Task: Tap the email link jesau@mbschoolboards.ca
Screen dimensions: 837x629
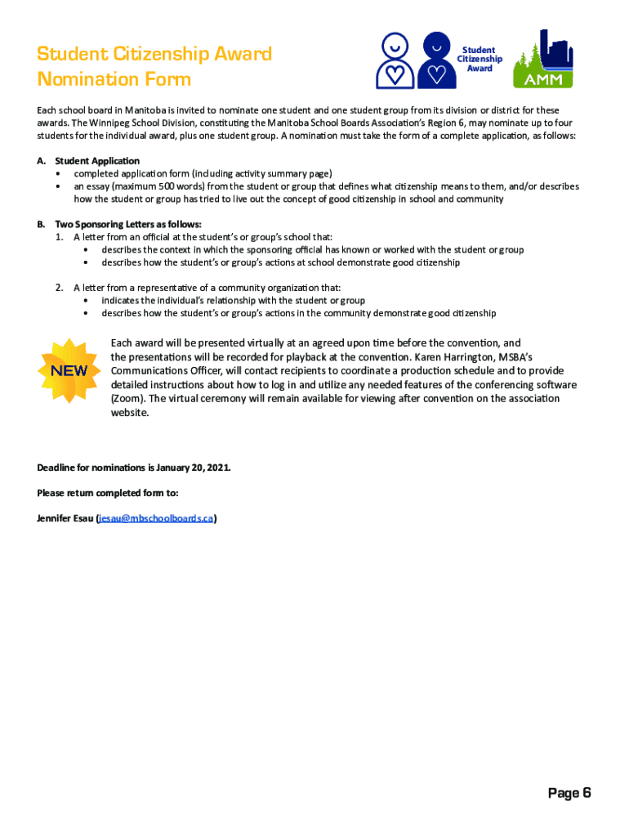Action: pyautogui.click(x=156, y=518)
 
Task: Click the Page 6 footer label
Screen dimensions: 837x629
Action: pyautogui.click(x=569, y=793)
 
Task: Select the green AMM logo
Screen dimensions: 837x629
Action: pyautogui.click(x=542, y=60)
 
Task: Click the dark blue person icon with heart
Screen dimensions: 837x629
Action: pyautogui.click(x=437, y=60)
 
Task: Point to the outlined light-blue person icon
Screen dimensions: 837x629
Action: pyautogui.click(x=395, y=60)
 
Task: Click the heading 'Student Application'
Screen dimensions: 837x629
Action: pyautogui.click(x=97, y=161)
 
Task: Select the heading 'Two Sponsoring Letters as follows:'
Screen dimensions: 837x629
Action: pyautogui.click(x=128, y=224)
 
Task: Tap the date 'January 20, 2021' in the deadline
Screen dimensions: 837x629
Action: pyautogui.click(x=192, y=468)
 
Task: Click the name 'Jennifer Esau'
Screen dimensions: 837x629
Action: pyautogui.click(x=65, y=518)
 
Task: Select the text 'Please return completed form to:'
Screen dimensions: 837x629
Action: pyautogui.click(x=108, y=493)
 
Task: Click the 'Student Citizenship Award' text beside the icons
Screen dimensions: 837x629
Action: pyautogui.click(x=480, y=59)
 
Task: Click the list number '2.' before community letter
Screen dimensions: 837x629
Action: pyautogui.click(x=60, y=288)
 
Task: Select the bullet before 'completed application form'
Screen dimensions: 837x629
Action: pyautogui.click(x=57, y=174)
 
